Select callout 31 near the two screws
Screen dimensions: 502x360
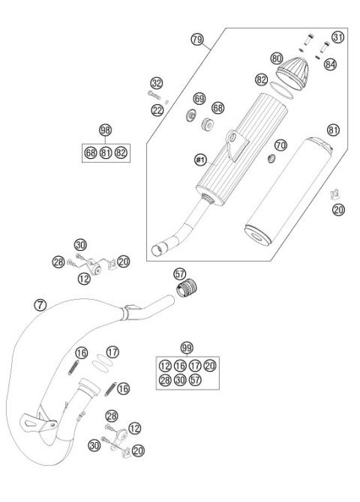pyautogui.click(x=338, y=37)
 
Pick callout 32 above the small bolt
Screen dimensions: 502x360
pyautogui.click(x=156, y=82)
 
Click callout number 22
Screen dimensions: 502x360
pyautogui.click(x=156, y=111)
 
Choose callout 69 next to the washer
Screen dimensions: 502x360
pyautogui.click(x=199, y=98)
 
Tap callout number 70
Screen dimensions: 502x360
pyautogui.click(x=280, y=144)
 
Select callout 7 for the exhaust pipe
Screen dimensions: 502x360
pyautogui.click(x=40, y=304)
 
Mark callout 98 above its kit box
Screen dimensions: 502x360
pyautogui.click(x=105, y=130)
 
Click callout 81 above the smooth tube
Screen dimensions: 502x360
pyautogui.click(x=333, y=130)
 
